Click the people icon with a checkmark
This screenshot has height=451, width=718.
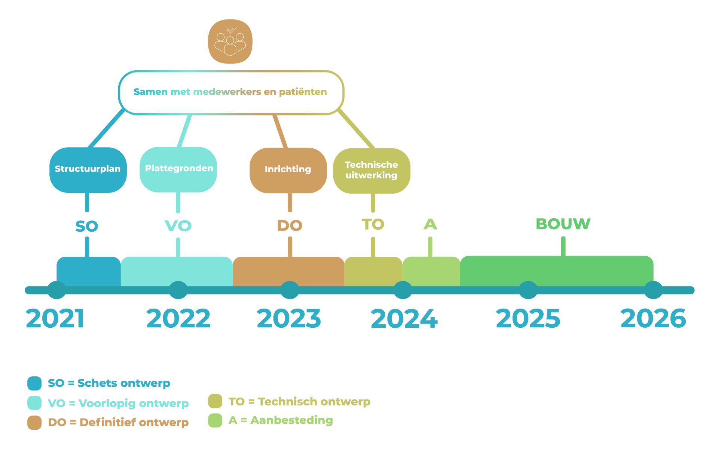[230, 41]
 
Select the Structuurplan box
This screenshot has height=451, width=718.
[88, 170]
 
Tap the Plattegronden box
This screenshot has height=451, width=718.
[178, 169]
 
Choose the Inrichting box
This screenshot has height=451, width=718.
[288, 170]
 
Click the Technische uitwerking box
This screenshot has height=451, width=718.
[372, 170]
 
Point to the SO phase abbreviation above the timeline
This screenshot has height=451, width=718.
[87, 226]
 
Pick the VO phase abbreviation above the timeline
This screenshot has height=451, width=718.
[178, 226]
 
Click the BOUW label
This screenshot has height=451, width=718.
[563, 224]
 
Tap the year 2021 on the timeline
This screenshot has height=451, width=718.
[55, 318]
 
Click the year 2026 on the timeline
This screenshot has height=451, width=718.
[653, 318]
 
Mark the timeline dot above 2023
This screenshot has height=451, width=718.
[290, 290]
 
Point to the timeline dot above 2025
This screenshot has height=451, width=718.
[528, 290]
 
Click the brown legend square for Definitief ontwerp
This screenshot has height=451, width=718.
[34, 422]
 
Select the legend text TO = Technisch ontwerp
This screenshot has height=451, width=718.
[299, 401]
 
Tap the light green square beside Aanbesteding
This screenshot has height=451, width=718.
[215, 420]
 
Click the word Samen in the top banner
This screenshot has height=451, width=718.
[150, 92]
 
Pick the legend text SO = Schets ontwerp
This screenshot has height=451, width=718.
[109, 383]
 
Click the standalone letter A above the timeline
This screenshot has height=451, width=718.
[430, 224]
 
